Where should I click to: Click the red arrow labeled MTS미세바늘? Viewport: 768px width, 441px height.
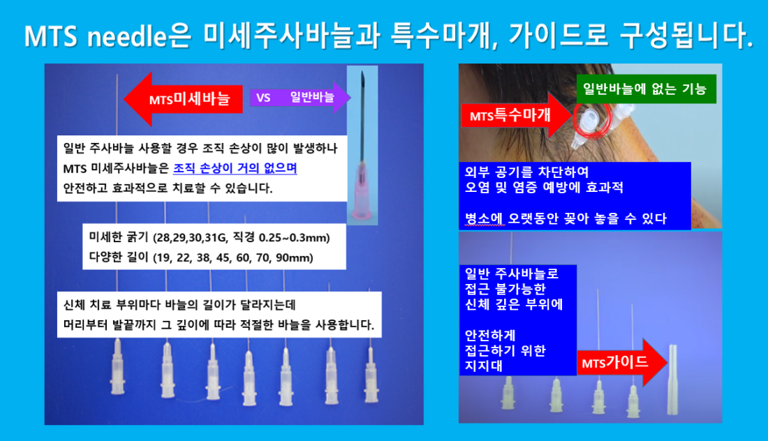183,99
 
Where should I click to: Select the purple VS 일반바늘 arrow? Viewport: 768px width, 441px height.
300,98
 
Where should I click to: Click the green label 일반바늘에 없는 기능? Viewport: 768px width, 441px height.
646,89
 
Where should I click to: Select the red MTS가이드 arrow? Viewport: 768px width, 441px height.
622,362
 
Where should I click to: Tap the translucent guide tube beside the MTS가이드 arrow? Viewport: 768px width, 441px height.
673,379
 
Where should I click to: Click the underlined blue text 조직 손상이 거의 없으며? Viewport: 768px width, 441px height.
235,168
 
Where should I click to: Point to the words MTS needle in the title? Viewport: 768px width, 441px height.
96,36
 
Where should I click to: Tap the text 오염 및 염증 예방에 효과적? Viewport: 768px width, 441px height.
544,187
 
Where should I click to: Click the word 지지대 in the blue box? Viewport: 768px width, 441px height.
483,366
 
